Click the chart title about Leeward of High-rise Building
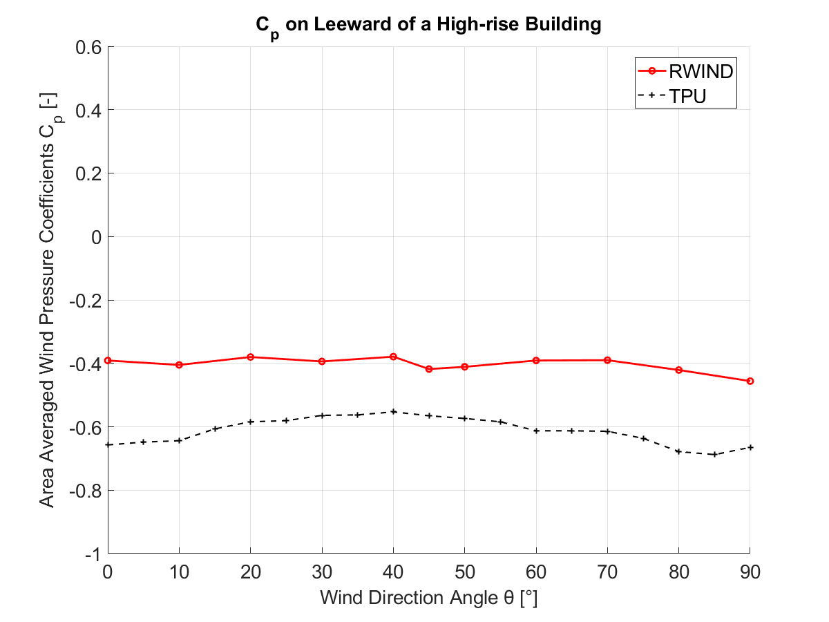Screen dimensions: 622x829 [428, 26]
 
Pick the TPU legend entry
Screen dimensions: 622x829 [687, 97]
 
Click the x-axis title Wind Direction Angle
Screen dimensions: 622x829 [428, 598]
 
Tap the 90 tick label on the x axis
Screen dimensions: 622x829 [750, 573]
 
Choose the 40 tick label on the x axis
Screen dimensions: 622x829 [393, 573]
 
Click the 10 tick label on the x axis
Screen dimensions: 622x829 [180, 573]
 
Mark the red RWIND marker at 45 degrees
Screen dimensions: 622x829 [429, 369]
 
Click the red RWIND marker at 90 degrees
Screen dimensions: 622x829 [750, 381]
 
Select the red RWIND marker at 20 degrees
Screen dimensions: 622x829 [251, 357]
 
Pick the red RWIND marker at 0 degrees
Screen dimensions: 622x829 [108, 360]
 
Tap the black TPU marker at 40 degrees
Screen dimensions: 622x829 [393, 411]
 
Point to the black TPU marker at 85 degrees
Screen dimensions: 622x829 [714, 454]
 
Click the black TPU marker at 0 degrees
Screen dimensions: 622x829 [108, 444]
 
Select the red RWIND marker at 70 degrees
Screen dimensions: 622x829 [607, 360]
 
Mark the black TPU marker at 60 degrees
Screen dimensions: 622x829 [536, 431]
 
